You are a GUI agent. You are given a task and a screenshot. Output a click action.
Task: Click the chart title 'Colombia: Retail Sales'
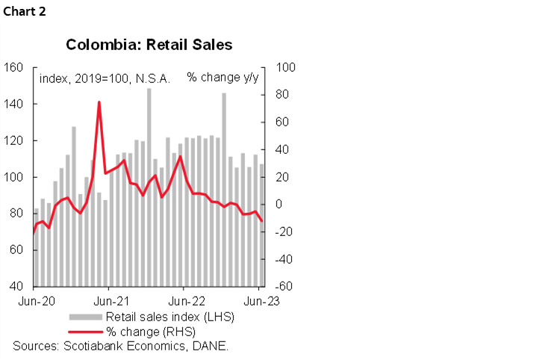149,45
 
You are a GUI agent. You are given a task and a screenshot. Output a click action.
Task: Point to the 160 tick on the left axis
15,67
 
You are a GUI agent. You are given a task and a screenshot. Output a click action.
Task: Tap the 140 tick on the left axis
15,104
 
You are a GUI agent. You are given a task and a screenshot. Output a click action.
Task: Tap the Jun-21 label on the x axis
109,302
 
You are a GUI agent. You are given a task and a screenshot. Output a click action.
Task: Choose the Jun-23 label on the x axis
261,302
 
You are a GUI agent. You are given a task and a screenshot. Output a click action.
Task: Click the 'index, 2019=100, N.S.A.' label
104,78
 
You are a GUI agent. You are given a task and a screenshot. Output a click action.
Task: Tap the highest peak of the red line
99,102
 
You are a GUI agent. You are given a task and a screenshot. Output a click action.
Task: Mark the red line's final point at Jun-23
261,221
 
